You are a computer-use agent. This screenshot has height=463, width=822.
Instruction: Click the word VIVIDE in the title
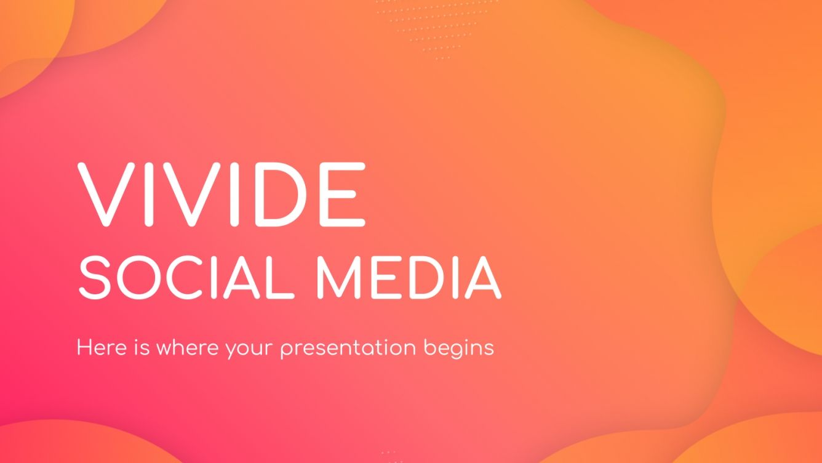pos(221,194)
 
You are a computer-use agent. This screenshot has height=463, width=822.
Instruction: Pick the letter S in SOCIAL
pos(94,278)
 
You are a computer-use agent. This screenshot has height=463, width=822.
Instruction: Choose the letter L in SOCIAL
pos(281,278)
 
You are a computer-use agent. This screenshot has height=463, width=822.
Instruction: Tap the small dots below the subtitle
pos(389,456)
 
